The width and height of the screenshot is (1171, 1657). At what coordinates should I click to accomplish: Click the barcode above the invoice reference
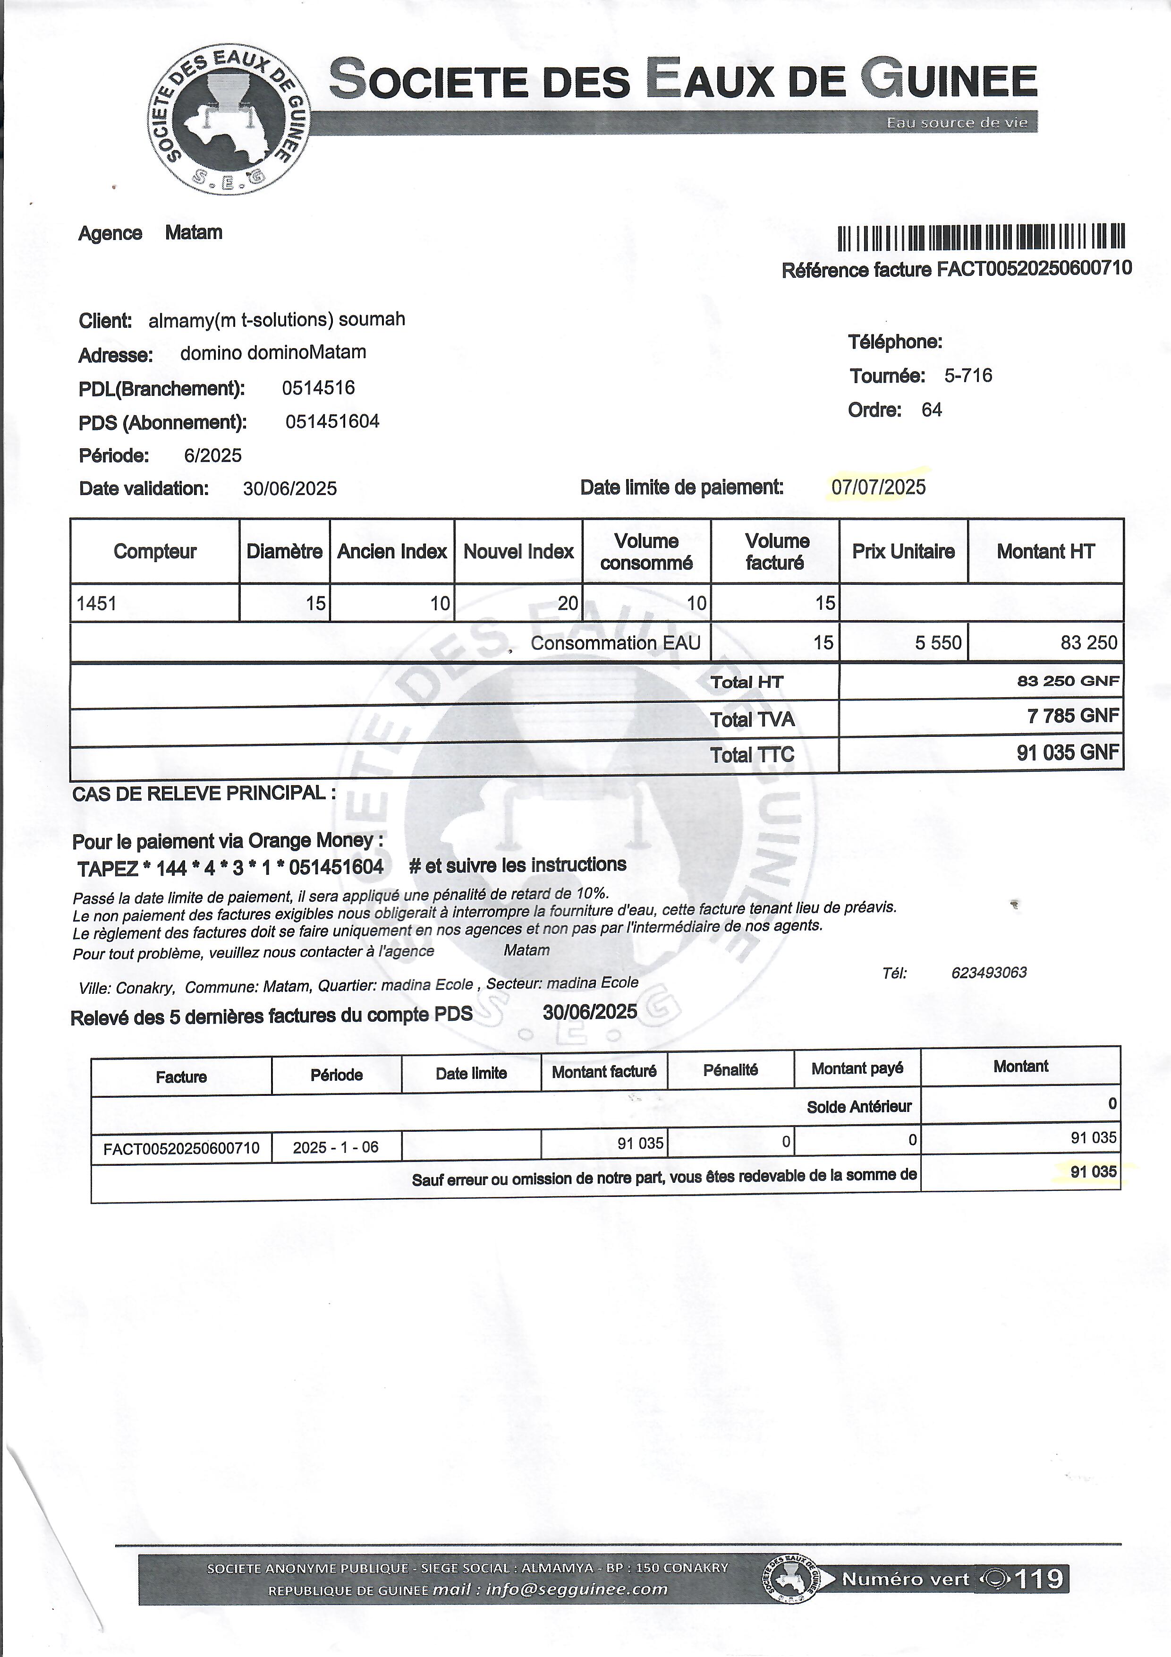pos(981,237)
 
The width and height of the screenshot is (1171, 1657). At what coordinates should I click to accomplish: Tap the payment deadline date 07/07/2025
pos(878,487)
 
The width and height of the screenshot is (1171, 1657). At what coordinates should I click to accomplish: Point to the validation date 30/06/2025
pos(289,488)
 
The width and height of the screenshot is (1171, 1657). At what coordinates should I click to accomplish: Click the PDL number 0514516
pos(318,388)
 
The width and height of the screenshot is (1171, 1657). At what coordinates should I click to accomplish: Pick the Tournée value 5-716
pos(968,375)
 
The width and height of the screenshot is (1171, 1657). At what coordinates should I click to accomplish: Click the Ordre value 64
pos(932,410)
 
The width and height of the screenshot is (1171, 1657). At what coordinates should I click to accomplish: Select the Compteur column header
pos(155,551)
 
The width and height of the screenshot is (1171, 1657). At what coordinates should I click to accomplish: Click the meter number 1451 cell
pos(97,603)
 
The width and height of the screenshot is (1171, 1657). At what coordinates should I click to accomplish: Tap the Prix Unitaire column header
pos(903,551)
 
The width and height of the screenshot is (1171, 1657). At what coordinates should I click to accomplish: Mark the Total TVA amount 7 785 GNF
pos(1073,716)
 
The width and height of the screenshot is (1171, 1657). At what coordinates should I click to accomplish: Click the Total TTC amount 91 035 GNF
pos(1067,753)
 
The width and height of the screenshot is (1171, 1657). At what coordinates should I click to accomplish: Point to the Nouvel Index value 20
pos(568,603)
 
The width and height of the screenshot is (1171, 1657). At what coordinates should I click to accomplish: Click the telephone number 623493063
pos(988,972)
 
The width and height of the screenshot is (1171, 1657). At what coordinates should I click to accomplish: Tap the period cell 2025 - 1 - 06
pos(336,1147)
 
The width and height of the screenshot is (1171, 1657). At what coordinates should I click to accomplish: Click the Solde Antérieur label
pos(858,1106)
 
